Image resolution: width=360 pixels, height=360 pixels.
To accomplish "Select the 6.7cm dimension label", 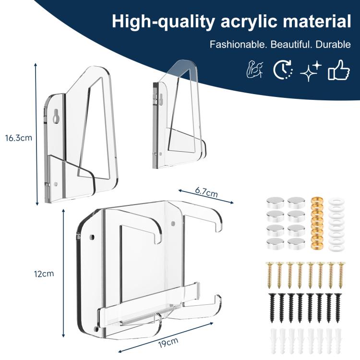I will pyautogui.click(x=206, y=192).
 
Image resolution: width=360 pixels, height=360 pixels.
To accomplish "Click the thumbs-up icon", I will pyautogui.click(x=339, y=71).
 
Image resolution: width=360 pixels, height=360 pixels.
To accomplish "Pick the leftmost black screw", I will pyautogui.click(x=268, y=307).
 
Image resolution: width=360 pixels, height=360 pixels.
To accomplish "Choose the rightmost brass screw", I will pyautogui.click(x=341, y=275).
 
